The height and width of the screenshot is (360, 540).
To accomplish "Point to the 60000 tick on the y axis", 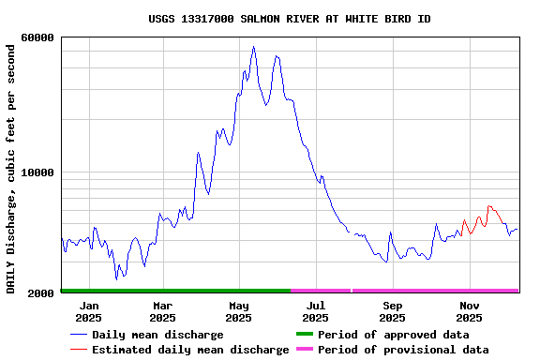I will (x=37, y=37).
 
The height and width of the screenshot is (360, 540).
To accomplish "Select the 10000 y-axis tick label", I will (x=37, y=172).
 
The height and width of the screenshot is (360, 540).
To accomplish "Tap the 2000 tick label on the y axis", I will (x=41, y=293).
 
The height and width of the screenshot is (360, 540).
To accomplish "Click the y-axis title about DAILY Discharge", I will (x=11, y=166).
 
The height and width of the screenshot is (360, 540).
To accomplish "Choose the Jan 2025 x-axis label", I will (x=89, y=311).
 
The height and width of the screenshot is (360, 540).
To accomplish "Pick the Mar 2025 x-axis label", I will (x=162, y=311).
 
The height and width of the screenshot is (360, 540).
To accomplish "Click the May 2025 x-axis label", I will (x=239, y=311).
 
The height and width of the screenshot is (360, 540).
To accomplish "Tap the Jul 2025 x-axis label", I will (x=316, y=311).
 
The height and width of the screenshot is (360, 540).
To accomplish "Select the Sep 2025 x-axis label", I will (x=393, y=311).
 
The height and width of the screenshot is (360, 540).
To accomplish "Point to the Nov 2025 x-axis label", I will (x=470, y=311).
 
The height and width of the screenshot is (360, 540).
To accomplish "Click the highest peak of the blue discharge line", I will (x=253, y=47).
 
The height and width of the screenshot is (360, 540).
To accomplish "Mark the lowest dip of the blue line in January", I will (x=117, y=278).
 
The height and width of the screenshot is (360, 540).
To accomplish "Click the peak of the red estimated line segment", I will (x=488, y=206).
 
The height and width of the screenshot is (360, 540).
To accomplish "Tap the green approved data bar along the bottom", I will (x=175, y=291).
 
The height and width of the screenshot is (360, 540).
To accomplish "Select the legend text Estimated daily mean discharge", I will (x=190, y=350).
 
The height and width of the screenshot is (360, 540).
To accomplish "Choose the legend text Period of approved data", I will (x=393, y=335).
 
